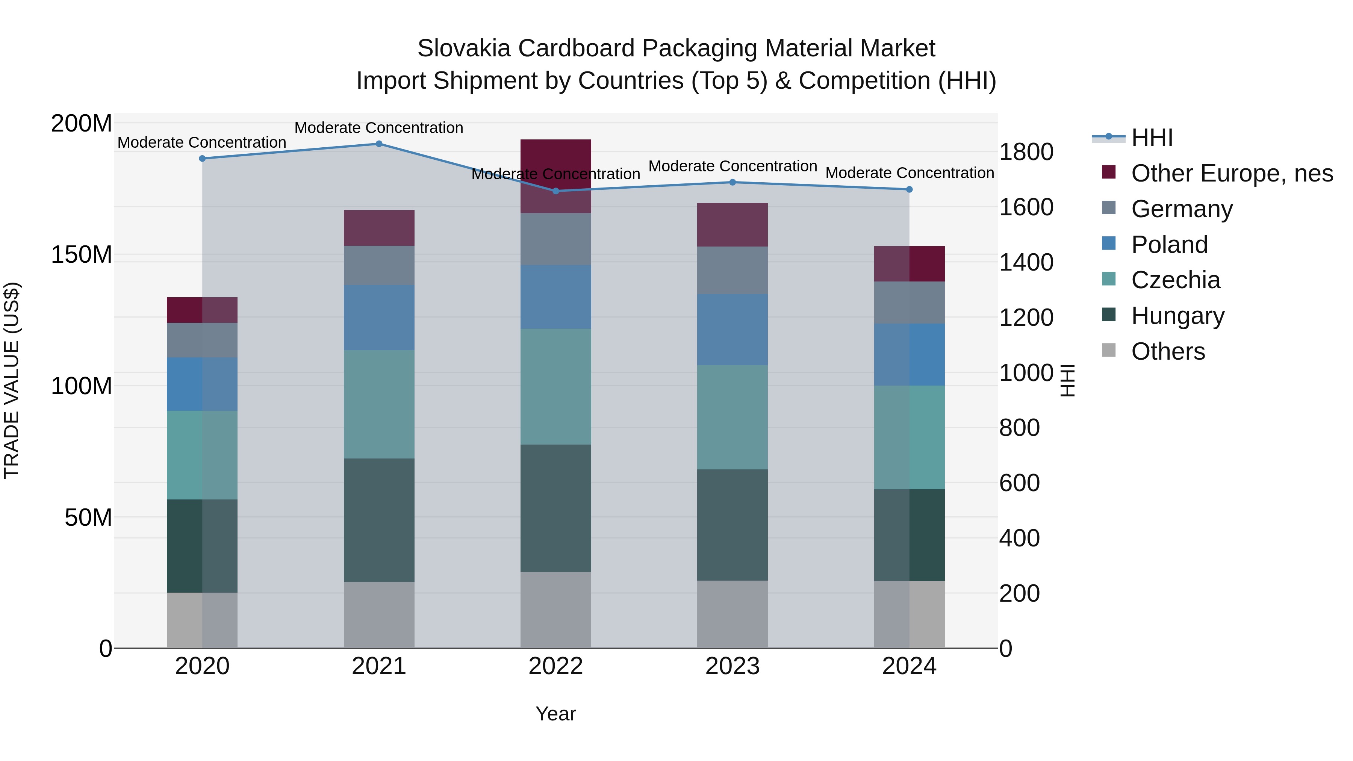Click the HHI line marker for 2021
379,144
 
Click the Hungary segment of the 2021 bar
379,520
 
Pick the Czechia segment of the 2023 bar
732,417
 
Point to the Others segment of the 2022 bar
556,610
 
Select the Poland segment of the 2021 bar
379,318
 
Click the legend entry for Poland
1169,245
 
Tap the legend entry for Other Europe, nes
1232,173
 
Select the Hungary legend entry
1177,316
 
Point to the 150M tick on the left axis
82,255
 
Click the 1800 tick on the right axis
1026,152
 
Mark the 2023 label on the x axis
732,666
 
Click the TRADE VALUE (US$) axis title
12,380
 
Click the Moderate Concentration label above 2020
202,142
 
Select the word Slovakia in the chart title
464,48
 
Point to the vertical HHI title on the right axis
1067,380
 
